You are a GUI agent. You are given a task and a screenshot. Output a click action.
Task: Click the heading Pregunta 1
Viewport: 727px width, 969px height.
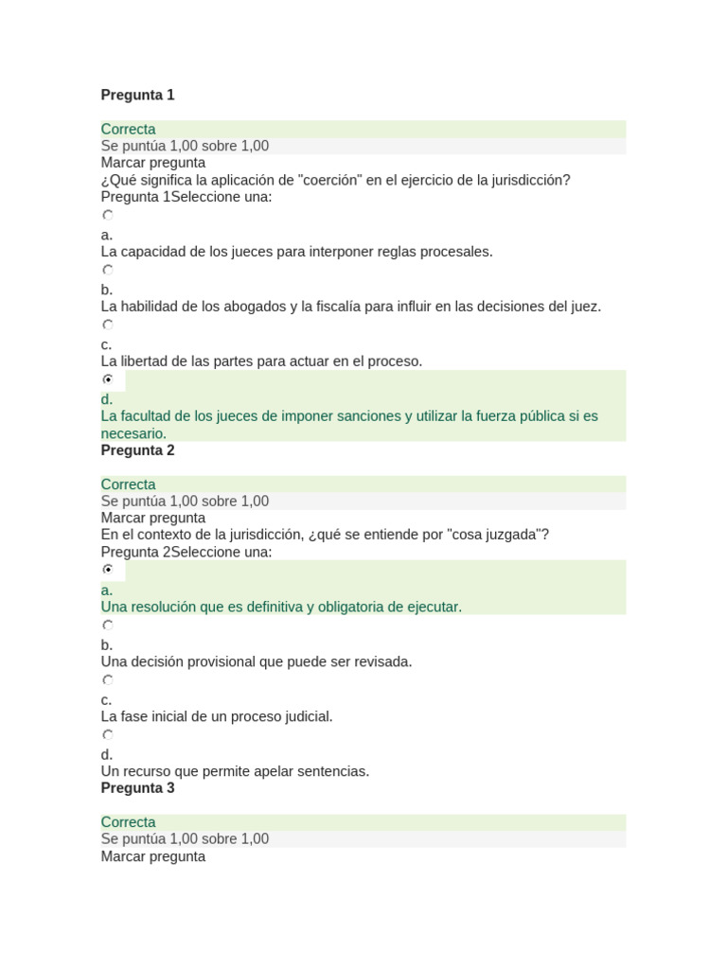(137, 95)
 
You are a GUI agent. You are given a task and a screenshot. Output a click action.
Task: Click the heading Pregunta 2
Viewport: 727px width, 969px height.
(137, 450)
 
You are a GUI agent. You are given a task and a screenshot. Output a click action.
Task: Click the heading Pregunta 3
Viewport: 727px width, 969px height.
(137, 788)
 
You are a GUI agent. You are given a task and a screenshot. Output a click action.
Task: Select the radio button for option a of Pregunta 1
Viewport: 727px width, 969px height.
(108, 216)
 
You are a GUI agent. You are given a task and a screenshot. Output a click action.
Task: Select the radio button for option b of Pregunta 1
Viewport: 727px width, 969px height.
(108, 270)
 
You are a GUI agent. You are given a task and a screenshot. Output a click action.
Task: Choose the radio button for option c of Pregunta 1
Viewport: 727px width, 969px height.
(108, 325)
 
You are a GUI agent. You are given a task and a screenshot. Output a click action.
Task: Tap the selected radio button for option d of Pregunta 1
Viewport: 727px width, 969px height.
(108, 379)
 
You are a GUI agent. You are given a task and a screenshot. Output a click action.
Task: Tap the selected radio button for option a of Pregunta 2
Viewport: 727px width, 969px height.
(108, 570)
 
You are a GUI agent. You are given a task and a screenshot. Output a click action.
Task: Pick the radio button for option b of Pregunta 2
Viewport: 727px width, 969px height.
(108, 625)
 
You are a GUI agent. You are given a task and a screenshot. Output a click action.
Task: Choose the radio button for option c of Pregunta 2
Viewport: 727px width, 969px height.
(108, 680)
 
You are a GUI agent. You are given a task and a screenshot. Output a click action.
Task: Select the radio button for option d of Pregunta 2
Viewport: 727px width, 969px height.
(108, 735)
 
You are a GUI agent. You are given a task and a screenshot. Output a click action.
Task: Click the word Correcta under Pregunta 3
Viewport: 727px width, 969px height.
(129, 822)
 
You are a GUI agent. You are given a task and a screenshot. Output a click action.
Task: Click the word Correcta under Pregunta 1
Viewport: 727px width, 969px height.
(129, 130)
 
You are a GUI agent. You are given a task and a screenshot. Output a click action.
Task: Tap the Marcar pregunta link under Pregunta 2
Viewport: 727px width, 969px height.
(152, 519)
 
